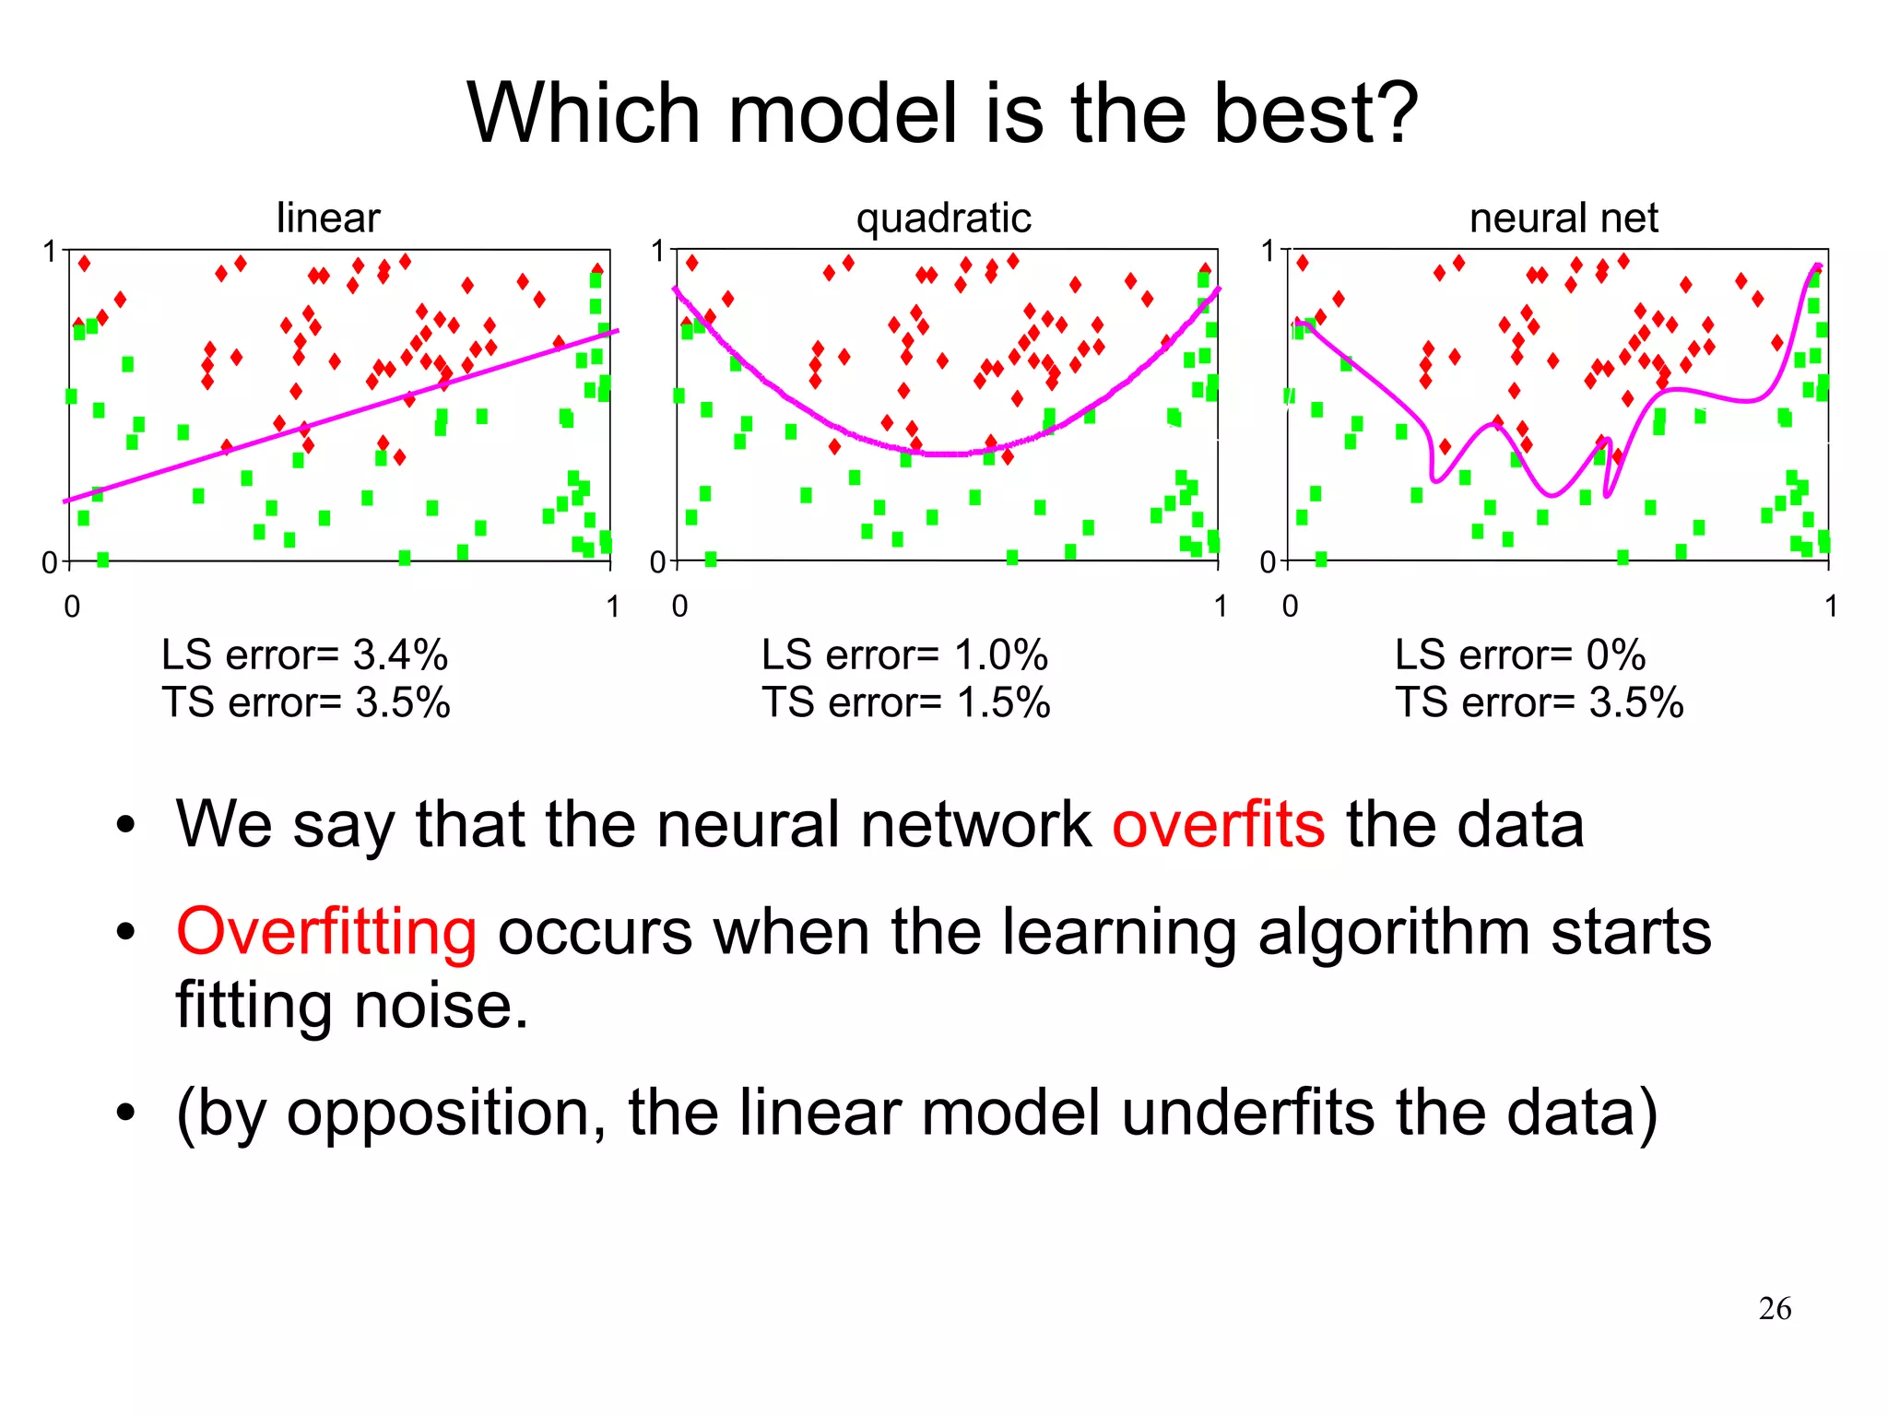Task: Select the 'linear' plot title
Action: (327, 218)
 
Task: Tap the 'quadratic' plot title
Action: (943, 218)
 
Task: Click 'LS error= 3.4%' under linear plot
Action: (304, 655)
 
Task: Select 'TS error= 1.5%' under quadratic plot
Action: (905, 703)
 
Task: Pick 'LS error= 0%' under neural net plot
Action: (1519, 655)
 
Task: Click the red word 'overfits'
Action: (1218, 824)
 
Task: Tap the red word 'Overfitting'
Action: (326, 932)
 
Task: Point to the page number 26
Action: (1775, 1308)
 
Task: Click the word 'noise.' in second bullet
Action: (441, 1005)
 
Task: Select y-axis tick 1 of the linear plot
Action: (50, 252)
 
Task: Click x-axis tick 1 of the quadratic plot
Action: (1220, 607)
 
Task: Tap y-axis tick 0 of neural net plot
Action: (1268, 562)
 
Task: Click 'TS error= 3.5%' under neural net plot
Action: (1539, 703)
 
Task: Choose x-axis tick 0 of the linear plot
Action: (72, 607)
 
